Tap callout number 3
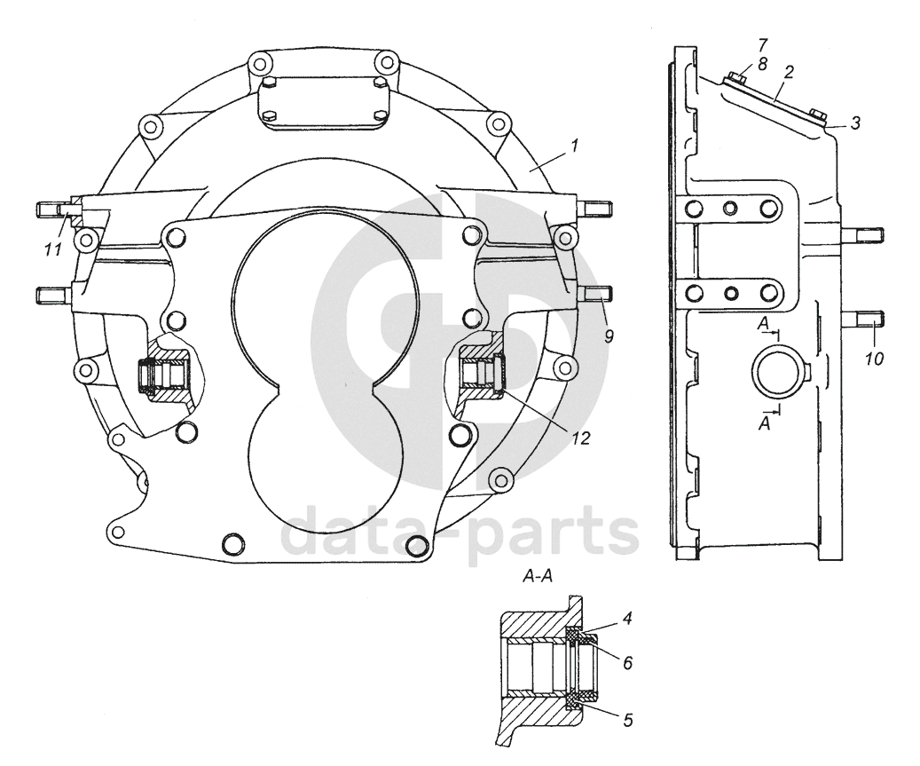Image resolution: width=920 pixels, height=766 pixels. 854,123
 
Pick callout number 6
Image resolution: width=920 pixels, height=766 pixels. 627,662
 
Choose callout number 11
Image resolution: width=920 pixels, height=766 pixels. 53,249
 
